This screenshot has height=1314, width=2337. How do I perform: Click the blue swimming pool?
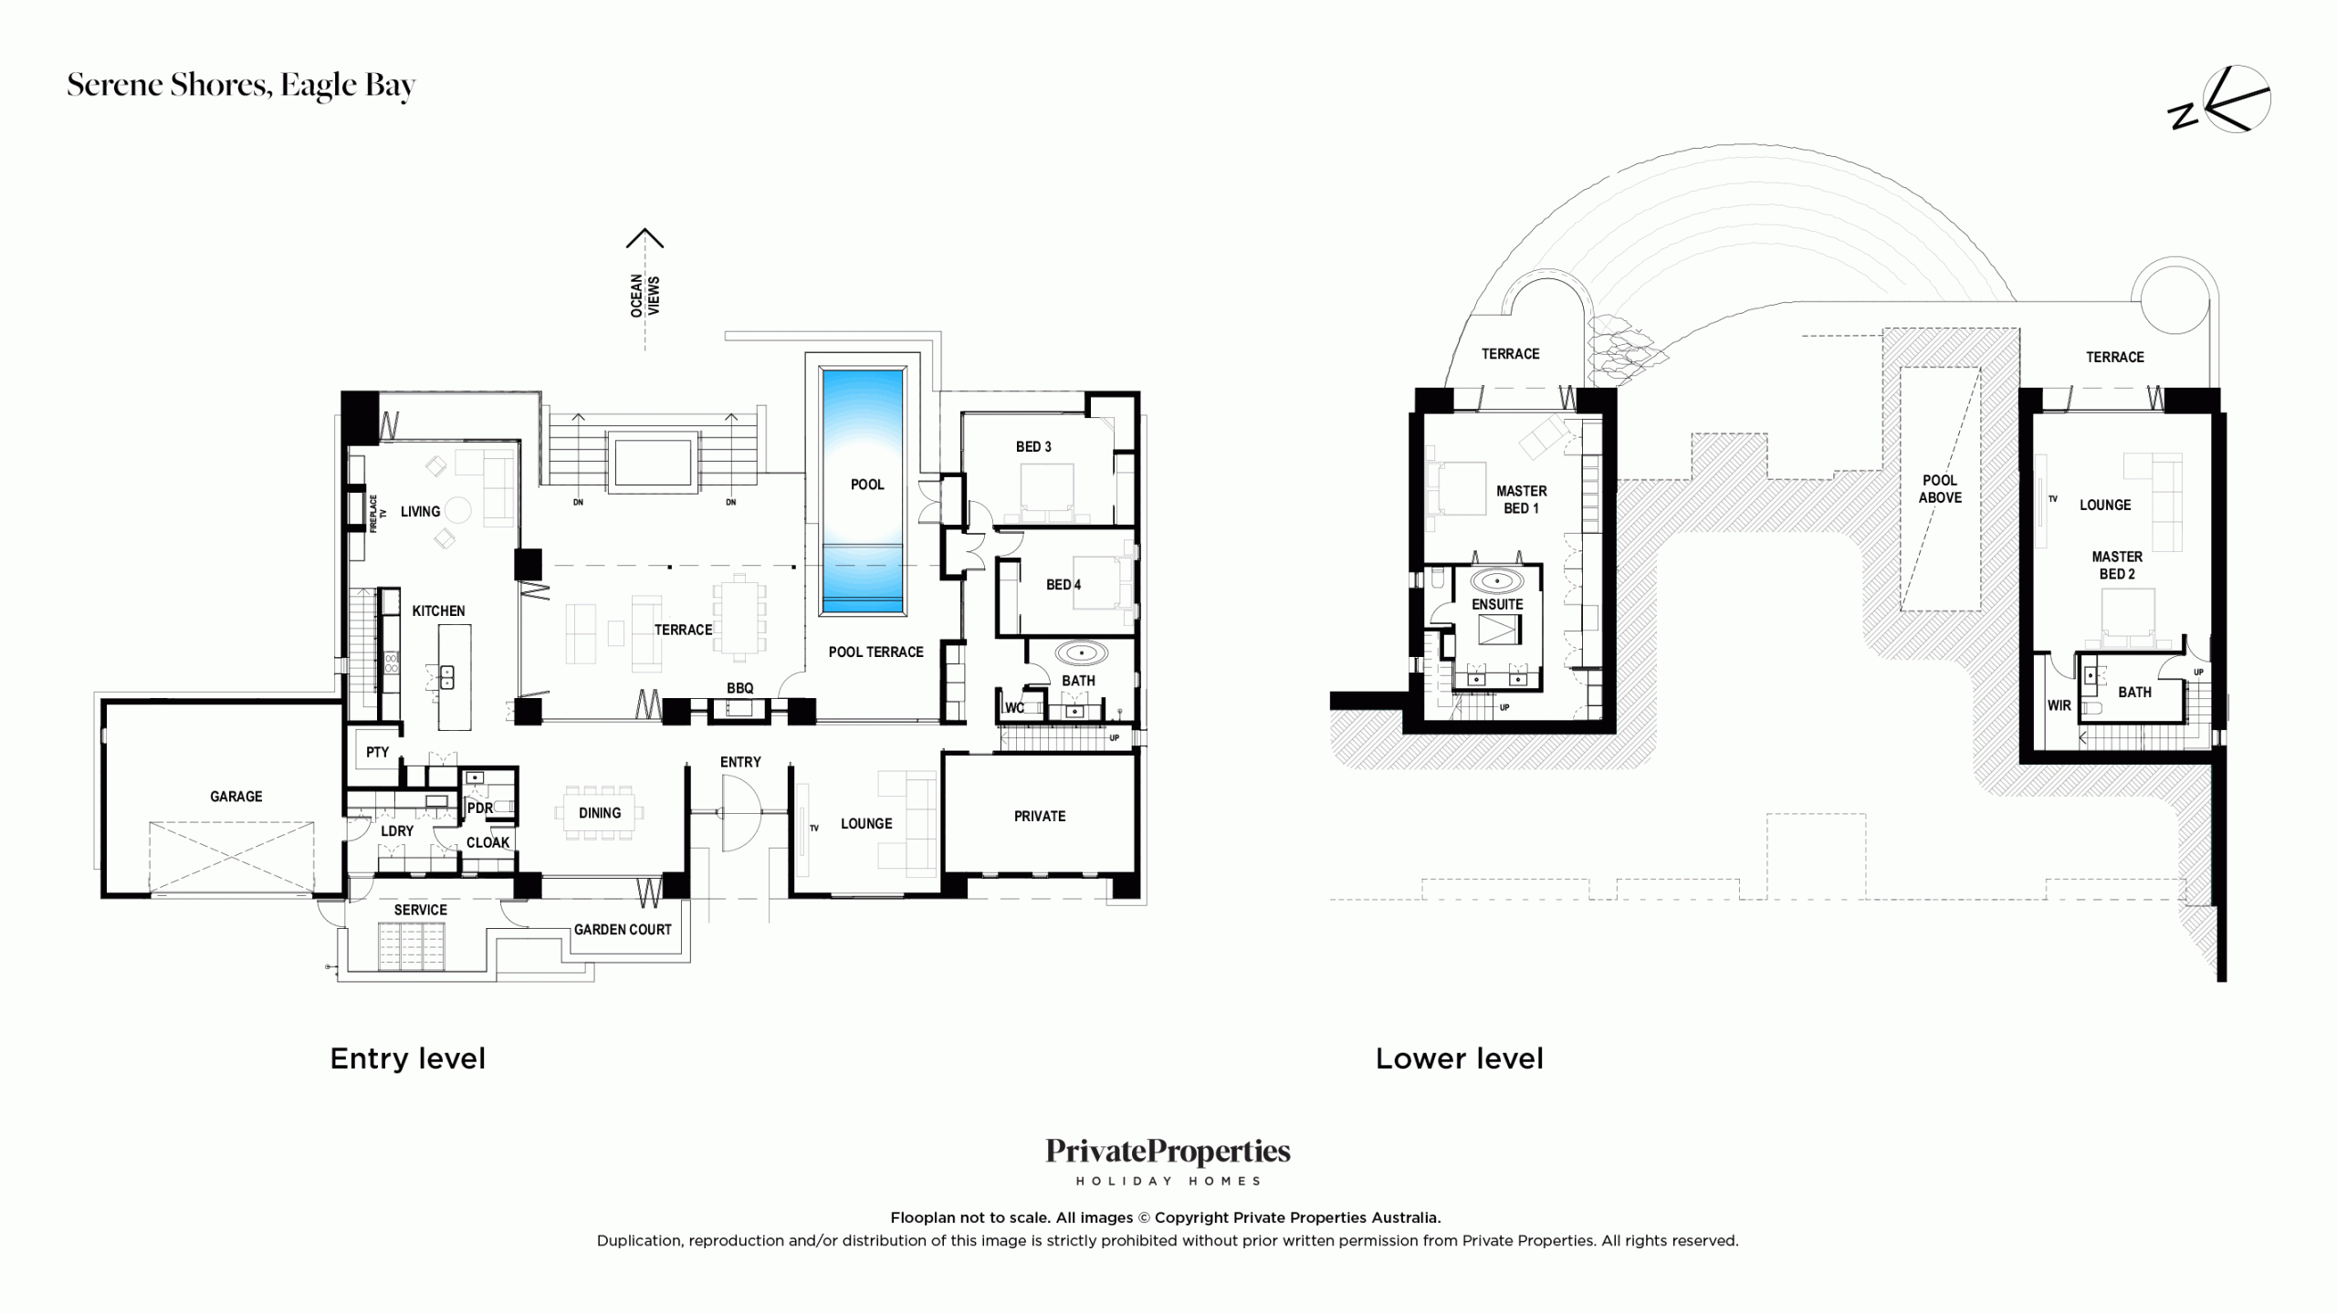(x=863, y=490)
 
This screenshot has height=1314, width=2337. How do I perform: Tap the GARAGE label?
(x=236, y=797)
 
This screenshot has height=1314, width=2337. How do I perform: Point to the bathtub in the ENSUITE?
(x=1497, y=580)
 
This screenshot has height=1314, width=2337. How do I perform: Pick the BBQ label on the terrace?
(x=739, y=688)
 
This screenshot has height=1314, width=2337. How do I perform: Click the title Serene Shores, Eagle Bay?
(x=241, y=86)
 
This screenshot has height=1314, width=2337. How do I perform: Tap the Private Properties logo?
(x=1168, y=1161)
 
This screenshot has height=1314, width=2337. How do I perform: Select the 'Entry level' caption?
(x=407, y=1058)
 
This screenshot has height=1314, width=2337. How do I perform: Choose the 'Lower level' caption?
(x=1459, y=1058)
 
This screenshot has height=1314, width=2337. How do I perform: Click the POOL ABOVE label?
(x=1940, y=489)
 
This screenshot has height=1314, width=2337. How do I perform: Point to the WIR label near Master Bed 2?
(x=2059, y=705)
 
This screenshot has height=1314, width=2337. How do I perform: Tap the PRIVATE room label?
(x=1040, y=817)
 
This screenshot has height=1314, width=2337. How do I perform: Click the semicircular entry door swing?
(x=740, y=813)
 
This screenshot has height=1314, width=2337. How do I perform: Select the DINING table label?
(x=600, y=813)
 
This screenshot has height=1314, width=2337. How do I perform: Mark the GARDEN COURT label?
(x=623, y=930)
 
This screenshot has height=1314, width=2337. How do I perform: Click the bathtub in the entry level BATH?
(x=1082, y=653)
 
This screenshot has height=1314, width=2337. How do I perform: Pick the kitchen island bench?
(x=455, y=677)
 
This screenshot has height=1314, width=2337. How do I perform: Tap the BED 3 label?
(x=1033, y=447)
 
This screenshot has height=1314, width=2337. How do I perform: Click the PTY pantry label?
(x=377, y=753)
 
